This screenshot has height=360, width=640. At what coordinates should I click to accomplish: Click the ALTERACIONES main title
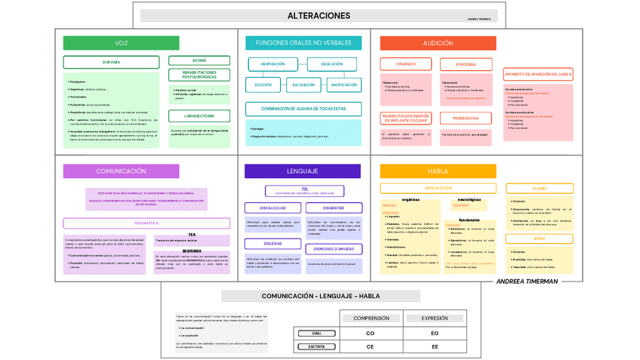point(318,16)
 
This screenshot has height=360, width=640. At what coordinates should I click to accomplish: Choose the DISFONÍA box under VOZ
point(111,62)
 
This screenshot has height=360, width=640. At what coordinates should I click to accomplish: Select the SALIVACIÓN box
point(303,85)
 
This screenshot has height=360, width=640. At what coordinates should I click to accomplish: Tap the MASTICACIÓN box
point(344,85)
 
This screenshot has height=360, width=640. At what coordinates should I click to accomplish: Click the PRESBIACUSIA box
point(466,118)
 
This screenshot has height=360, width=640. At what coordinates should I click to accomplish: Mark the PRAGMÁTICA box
point(146,223)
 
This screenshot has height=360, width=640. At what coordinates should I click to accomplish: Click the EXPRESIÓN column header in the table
point(435,318)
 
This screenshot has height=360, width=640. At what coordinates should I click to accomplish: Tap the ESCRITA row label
point(316,346)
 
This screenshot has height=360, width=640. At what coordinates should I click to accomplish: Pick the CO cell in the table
point(370,333)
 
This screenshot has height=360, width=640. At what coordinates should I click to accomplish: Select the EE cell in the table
point(435,346)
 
